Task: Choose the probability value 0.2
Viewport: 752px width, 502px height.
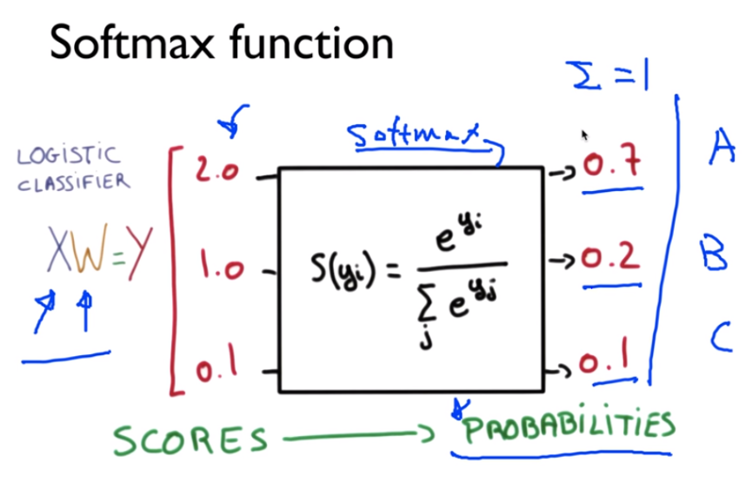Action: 612,259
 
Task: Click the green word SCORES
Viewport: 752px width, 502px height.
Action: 190,440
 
